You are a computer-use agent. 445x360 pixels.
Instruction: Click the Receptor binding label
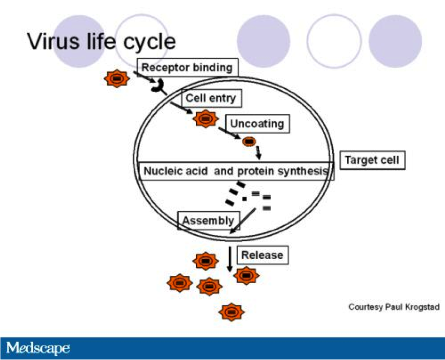(x=187, y=67)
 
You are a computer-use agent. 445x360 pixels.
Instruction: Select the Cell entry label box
(x=211, y=98)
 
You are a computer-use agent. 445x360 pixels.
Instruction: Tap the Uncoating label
(x=257, y=124)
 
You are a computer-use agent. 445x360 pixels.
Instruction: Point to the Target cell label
(x=372, y=160)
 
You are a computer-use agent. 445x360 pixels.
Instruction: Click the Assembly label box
(x=208, y=221)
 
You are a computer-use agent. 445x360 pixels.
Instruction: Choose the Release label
(x=262, y=254)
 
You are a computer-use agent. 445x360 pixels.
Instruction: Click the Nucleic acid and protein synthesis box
(x=236, y=171)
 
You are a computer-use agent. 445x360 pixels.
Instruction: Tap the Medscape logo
(x=38, y=349)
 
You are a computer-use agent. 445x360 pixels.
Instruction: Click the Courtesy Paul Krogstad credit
(x=394, y=307)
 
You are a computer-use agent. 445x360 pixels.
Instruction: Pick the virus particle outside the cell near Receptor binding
(x=116, y=78)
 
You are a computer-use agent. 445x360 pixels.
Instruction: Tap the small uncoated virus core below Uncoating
(x=249, y=141)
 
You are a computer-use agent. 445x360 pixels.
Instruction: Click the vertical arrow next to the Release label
(x=229, y=259)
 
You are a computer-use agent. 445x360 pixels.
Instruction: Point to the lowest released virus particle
(x=231, y=311)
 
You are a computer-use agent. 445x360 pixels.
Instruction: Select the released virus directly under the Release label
(x=247, y=275)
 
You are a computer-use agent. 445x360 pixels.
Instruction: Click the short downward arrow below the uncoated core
(x=259, y=152)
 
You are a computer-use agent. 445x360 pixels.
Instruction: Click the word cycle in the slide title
(x=149, y=41)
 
